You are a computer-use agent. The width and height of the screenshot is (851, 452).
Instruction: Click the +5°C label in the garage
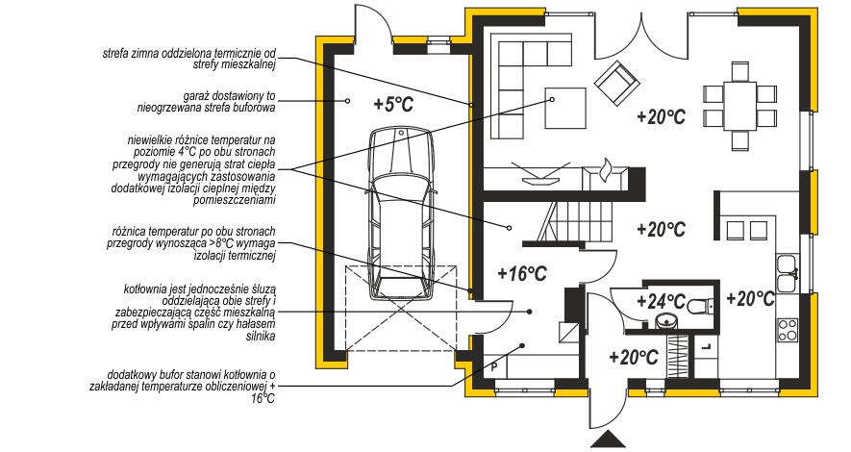click(393, 105)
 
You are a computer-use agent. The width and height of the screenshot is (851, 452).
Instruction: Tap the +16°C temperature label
click(522, 273)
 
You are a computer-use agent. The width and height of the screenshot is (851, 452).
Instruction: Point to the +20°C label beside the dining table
click(661, 117)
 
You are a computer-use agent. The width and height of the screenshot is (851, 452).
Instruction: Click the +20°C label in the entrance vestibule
click(633, 358)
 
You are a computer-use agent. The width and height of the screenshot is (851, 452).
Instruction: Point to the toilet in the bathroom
click(699, 305)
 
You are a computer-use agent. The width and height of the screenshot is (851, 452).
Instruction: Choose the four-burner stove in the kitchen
click(788, 329)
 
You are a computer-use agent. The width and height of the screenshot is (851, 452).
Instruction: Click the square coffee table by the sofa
click(567, 107)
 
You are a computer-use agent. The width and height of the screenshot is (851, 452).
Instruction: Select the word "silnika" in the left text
click(258, 337)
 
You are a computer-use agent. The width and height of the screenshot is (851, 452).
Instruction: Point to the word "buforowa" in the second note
click(253, 110)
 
